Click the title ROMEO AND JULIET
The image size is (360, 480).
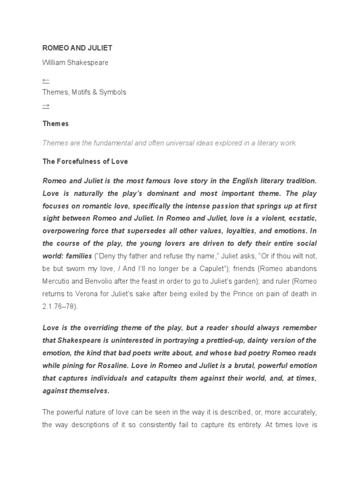tap(77, 48)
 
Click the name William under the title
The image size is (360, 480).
tap(54, 62)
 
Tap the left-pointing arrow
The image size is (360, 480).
tap(45, 81)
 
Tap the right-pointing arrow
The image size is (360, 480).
tap(45, 106)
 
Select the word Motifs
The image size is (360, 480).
tap(84, 92)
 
